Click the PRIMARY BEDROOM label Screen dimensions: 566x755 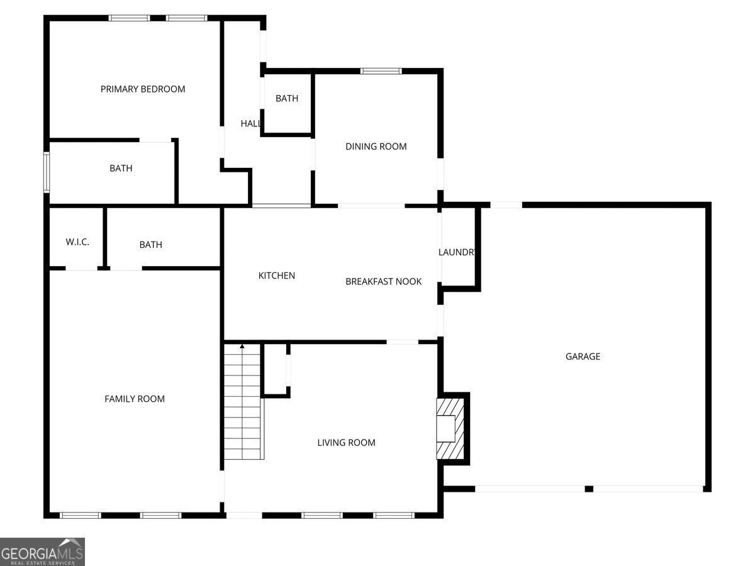point(143,89)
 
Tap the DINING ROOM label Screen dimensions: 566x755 point(376,147)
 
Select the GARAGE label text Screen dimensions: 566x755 point(583,357)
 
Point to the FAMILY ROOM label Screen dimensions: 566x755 point(135,399)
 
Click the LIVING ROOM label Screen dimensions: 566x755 point(346,443)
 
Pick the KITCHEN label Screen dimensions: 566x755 point(277,275)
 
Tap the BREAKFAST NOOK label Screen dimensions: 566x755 point(383,282)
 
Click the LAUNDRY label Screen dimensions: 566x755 point(457,252)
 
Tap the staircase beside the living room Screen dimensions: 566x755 point(243,402)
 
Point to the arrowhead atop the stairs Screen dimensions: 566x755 point(242,345)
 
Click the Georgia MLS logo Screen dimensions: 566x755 point(42,552)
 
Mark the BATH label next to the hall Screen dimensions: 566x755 point(287,99)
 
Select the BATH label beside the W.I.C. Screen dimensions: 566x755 point(151,245)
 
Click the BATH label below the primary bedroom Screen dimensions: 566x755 point(121,169)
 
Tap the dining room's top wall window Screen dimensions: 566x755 point(381,71)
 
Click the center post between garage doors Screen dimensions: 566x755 point(589,489)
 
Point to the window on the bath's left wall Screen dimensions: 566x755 point(47,172)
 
